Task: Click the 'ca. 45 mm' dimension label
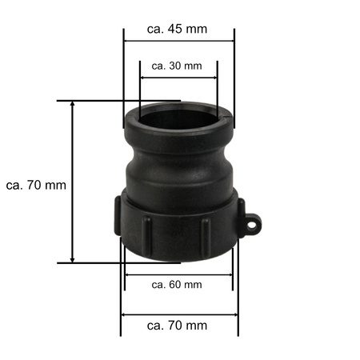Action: point(178,29)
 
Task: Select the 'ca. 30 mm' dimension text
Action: point(177,66)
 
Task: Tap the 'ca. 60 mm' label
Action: point(177,284)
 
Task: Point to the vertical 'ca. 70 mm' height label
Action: point(35,185)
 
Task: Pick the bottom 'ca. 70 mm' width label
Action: point(178,326)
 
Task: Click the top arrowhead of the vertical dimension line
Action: point(73,105)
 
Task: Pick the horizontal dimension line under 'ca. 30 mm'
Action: point(178,78)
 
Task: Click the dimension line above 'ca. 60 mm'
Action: point(178,274)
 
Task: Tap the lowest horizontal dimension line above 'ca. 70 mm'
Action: point(178,314)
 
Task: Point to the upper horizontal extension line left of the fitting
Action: point(88,101)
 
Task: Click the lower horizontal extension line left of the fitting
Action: point(88,262)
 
